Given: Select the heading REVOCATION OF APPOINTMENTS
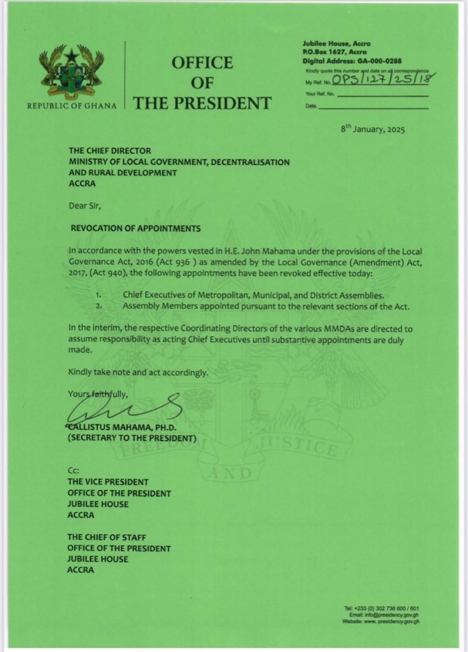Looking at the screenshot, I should tap(136, 228).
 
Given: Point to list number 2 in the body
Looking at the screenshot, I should tap(99, 307).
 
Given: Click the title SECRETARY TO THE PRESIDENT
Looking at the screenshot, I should tap(132, 438).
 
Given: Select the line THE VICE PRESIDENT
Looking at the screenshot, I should tap(108, 482).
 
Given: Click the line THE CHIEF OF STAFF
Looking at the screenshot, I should tap(107, 537).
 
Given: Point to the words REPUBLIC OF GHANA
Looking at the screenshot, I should tap(72, 106).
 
